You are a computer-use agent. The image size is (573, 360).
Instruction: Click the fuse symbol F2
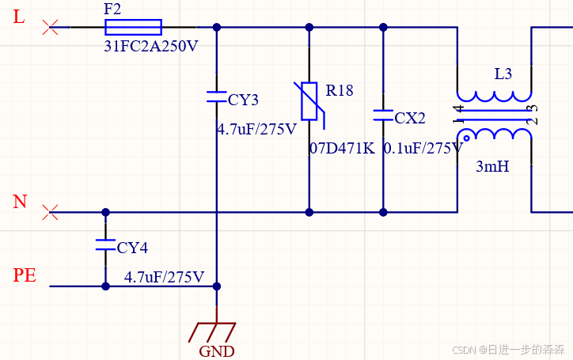click(133, 27)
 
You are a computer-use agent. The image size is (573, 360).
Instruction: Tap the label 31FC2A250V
click(151, 46)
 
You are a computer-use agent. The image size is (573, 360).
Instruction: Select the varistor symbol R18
click(308, 102)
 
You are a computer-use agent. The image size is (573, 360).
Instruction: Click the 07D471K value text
click(341, 148)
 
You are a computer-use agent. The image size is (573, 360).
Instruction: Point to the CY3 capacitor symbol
click(217, 97)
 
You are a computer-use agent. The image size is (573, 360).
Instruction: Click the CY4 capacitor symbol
click(105, 244)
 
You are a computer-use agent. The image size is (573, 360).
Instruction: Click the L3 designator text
click(503, 74)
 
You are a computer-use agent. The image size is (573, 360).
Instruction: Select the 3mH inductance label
click(492, 167)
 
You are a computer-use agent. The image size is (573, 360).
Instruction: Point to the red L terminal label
click(20, 17)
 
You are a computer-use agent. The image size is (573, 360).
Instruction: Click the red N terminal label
click(20, 202)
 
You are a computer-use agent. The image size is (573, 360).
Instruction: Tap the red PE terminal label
click(25, 275)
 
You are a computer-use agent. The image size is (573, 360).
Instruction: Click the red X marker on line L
click(51, 28)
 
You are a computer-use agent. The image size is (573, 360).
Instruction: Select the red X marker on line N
click(51, 212)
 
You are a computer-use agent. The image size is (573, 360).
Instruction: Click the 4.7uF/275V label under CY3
click(256, 129)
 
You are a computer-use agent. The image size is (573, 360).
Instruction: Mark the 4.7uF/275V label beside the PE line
click(164, 278)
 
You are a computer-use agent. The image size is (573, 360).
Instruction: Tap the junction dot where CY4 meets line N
click(105, 212)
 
